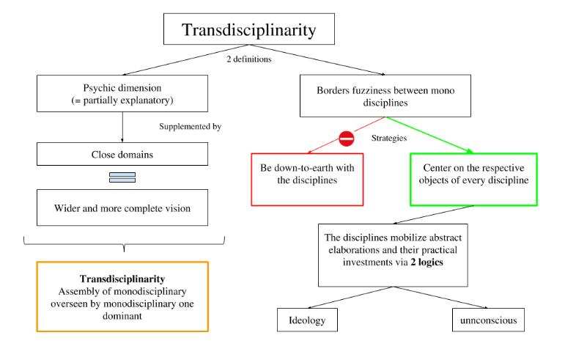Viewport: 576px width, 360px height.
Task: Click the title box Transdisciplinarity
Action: coord(248,30)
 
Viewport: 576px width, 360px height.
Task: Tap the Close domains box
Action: coord(122,154)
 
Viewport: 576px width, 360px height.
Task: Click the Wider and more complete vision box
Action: coord(122,208)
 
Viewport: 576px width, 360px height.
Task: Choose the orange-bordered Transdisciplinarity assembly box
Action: coord(122,296)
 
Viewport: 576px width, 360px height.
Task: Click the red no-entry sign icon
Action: coord(346,138)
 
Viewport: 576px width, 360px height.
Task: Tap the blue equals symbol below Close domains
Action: coord(122,177)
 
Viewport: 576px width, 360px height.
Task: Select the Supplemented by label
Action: coord(191,126)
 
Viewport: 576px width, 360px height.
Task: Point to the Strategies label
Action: coord(389,137)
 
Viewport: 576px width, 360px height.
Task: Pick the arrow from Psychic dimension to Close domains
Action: coord(122,129)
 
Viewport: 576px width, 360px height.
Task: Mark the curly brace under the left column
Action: coord(123,243)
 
